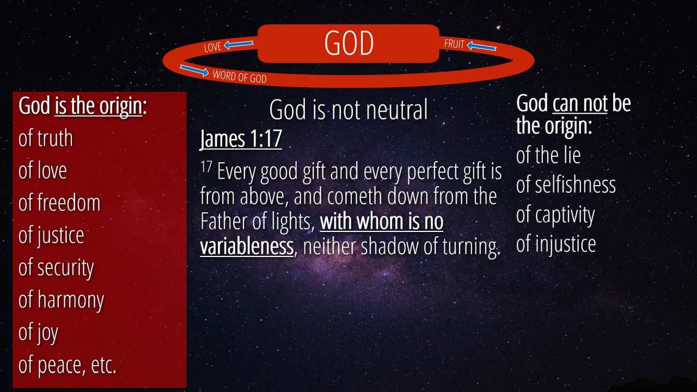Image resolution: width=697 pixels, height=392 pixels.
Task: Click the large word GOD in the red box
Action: (349, 43)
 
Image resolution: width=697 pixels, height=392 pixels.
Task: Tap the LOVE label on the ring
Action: (213, 47)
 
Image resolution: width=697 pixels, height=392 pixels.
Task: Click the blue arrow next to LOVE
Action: (239, 45)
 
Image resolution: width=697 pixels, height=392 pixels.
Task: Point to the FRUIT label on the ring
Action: (454, 44)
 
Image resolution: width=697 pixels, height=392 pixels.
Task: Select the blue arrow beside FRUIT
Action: (482, 47)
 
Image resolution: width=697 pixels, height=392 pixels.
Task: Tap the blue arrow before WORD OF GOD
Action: (194, 70)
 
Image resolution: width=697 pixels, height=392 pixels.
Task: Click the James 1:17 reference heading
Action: (241, 139)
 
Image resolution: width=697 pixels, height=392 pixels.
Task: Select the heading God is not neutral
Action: (348, 109)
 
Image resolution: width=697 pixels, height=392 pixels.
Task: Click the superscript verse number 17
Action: (206, 167)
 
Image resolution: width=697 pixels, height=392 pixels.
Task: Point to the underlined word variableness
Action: (247, 246)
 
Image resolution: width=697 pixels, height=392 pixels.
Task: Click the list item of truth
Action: (46, 138)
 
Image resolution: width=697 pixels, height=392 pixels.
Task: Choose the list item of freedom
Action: (59, 203)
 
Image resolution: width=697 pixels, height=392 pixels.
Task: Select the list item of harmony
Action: (62, 300)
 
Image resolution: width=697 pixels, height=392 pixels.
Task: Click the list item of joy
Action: (38, 333)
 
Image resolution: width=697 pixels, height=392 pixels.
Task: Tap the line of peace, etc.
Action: (67, 365)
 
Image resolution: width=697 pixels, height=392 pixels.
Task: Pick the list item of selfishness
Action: (566, 185)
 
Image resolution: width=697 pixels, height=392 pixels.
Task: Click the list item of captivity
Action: (556, 215)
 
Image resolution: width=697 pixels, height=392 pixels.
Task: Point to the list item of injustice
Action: (556, 244)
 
